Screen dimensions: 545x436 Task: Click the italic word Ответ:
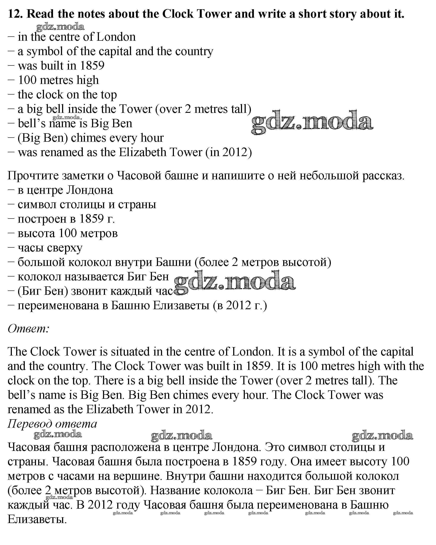coord(28,329)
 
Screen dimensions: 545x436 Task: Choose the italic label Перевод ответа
coord(52,424)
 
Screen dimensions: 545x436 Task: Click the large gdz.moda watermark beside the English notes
coord(312,123)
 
